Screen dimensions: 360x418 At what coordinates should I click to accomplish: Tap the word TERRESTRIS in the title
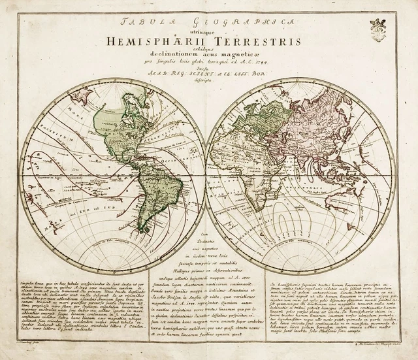point(256,41)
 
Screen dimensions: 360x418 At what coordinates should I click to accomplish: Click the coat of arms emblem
point(378,27)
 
